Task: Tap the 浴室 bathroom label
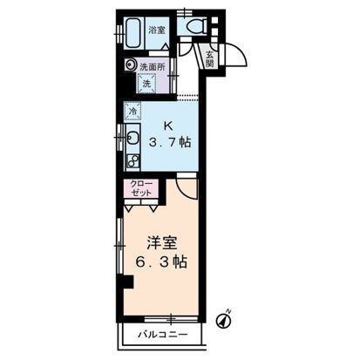[157, 31]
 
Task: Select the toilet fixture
[193, 27]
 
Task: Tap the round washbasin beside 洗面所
[130, 65]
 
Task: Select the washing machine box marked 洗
[146, 84]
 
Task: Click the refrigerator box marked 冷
[132, 112]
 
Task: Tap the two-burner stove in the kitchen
[132, 160]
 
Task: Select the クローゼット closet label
[141, 188]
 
